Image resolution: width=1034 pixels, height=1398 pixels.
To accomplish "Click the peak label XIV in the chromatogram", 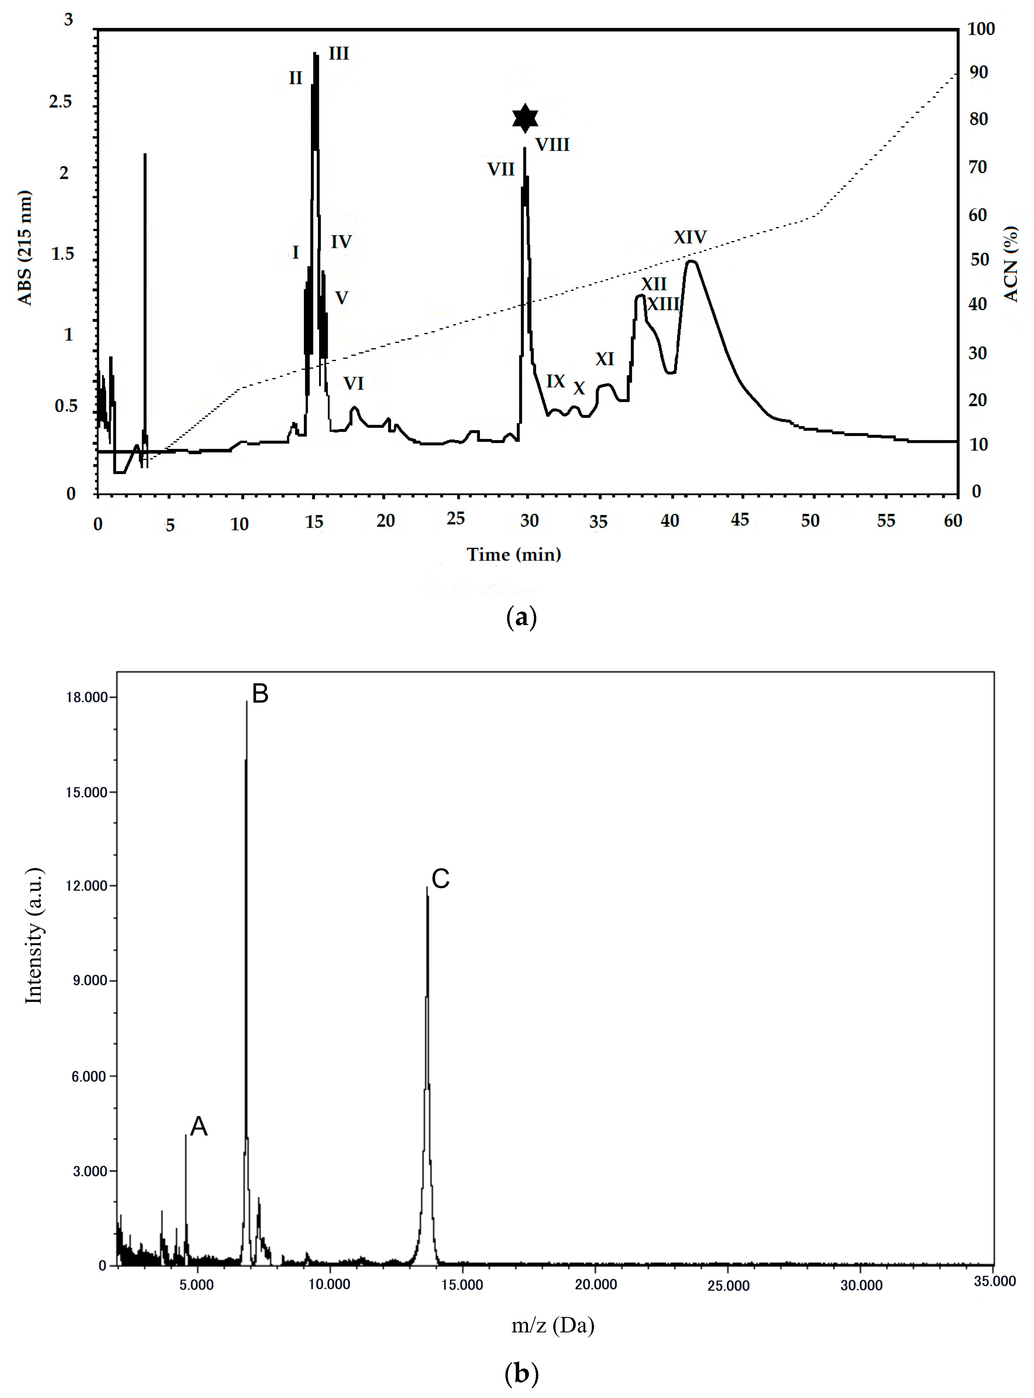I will (x=690, y=237).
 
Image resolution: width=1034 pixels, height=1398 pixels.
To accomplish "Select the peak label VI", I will (x=353, y=383).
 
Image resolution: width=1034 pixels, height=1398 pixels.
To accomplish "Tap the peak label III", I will (x=339, y=54).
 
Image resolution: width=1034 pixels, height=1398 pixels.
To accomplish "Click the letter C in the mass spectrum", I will (x=441, y=879).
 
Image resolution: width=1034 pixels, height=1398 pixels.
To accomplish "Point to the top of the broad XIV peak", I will (x=691, y=262).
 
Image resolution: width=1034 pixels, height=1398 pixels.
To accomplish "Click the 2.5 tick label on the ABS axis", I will (x=61, y=101).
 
